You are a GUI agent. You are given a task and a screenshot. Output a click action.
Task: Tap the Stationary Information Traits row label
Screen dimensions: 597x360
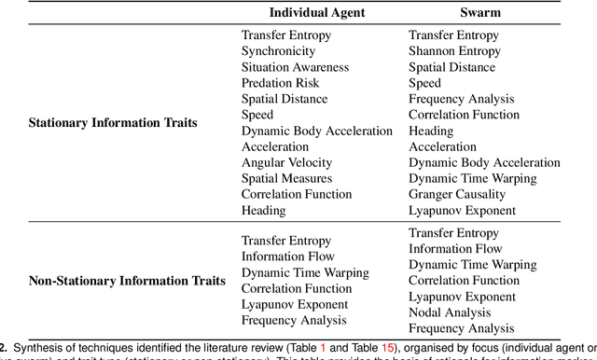point(113,122)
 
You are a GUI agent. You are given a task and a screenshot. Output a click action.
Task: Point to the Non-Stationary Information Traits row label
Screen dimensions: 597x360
point(127,281)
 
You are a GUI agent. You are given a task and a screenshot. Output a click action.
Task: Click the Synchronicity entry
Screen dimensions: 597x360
point(280,51)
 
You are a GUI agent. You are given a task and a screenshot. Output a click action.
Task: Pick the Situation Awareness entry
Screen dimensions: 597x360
point(295,67)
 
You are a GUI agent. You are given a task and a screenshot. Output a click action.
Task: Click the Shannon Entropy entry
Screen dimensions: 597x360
point(454,51)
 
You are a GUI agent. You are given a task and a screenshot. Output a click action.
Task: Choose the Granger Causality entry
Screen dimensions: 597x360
point(457,194)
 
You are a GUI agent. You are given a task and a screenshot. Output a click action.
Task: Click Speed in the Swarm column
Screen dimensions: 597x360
point(424,83)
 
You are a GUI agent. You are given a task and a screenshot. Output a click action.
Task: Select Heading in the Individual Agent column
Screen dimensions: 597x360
point(265,210)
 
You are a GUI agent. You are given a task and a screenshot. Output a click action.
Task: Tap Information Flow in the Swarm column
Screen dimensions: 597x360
point(454,249)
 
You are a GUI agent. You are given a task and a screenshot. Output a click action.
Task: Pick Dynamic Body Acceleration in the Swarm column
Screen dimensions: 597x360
point(485,162)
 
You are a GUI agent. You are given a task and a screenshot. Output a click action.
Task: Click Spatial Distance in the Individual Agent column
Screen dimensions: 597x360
point(285,99)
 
